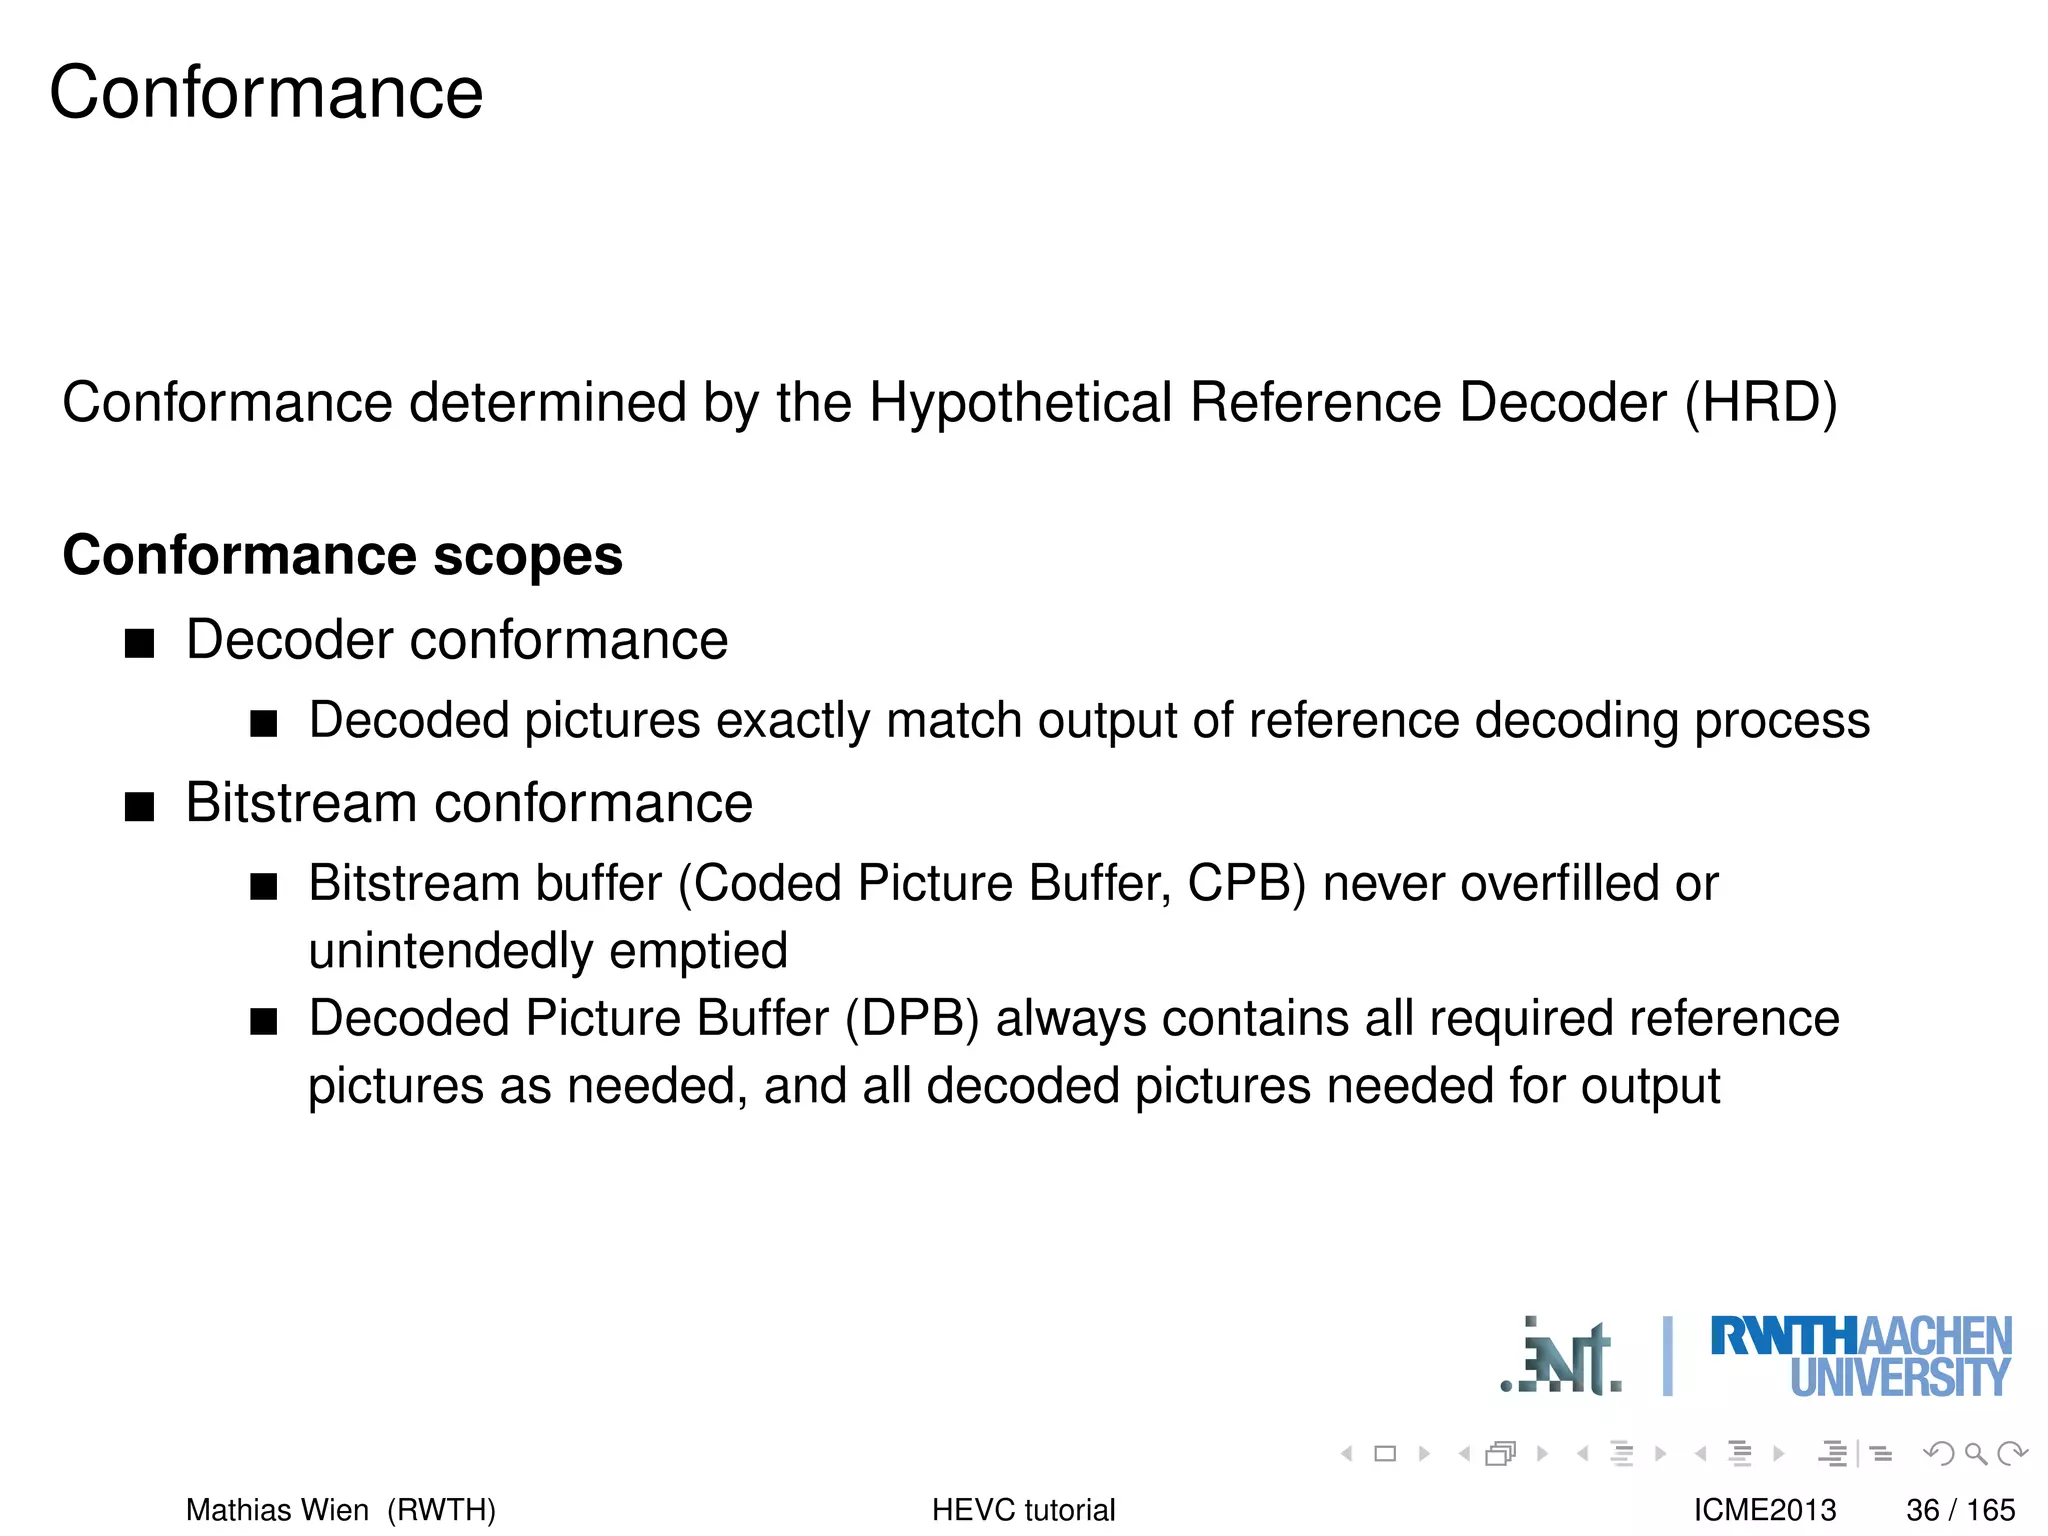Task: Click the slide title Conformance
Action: [x=266, y=93]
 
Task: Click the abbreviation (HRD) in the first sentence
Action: [x=1761, y=403]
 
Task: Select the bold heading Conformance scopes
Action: [x=342, y=555]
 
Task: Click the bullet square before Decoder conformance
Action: [x=140, y=643]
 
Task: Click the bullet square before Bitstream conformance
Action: [x=140, y=806]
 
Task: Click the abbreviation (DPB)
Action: [x=912, y=1019]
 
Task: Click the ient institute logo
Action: [x=1562, y=1360]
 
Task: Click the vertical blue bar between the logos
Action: [x=1667, y=1356]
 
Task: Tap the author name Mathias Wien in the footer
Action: [x=277, y=1510]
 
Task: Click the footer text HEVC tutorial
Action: [x=1023, y=1510]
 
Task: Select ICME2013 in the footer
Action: [x=1765, y=1510]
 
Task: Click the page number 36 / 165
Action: [x=1960, y=1510]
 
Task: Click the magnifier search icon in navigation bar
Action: [x=1975, y=1454]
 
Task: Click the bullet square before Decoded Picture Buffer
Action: [x=263, y=1022]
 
